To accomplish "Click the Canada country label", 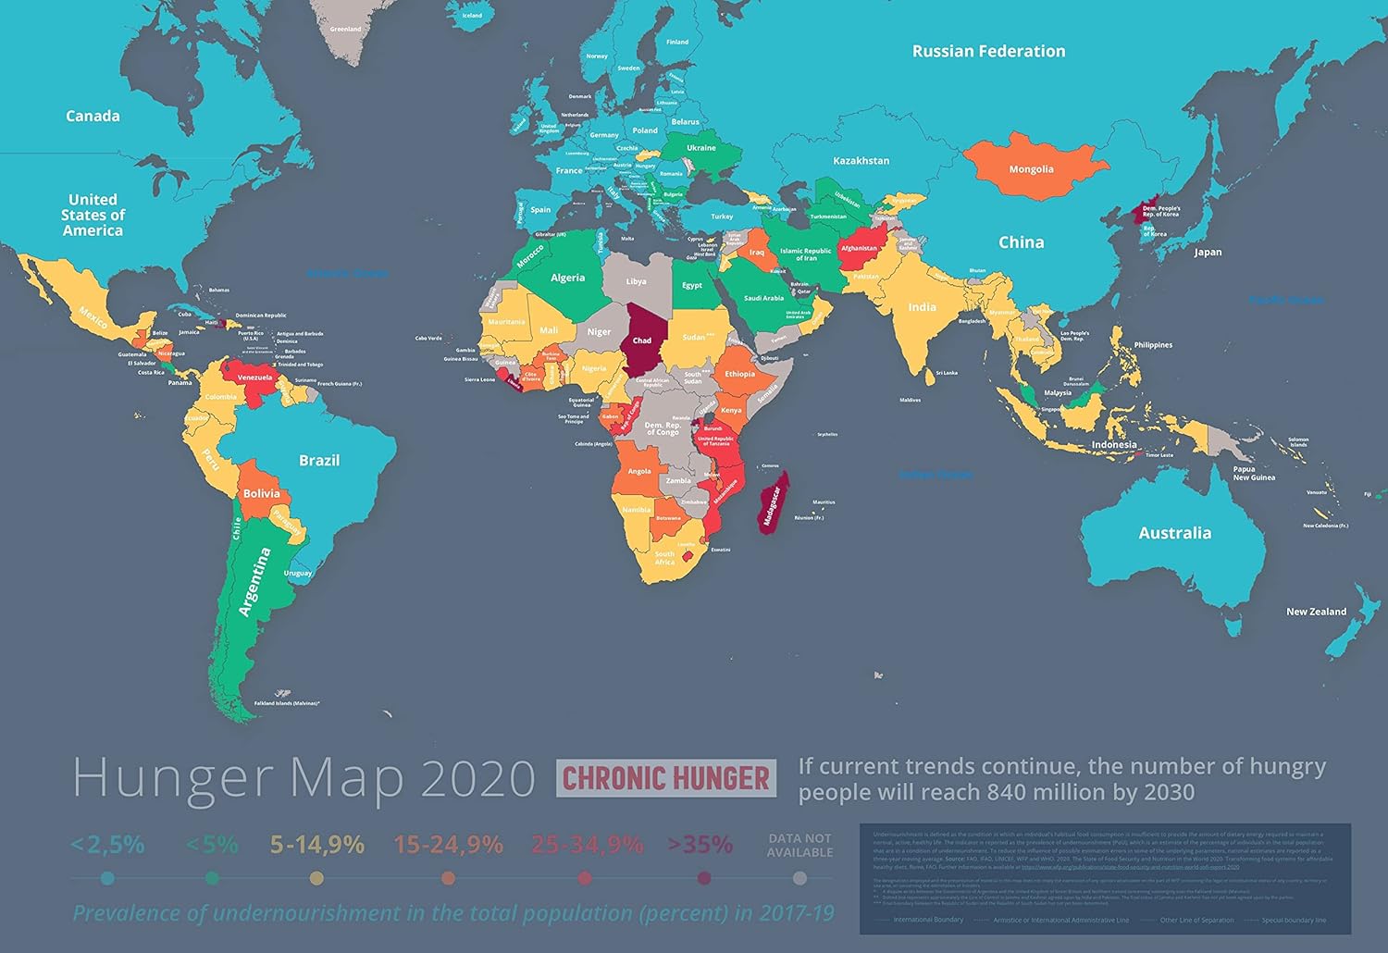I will point(93,116).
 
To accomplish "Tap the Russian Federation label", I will point(988,52).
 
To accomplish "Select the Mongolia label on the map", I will point(1031,169).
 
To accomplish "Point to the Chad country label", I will point(642,340).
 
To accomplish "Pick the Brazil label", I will point(319,460).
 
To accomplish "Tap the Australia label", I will point(1174,533).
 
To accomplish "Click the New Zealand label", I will point(1316,612).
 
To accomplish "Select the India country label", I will point(922,307).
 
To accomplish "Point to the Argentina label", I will point(255,581).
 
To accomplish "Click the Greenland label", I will point(345,30).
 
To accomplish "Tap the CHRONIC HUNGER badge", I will point(666,778).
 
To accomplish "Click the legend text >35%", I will point(700,845).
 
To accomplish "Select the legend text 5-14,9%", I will point(316,845).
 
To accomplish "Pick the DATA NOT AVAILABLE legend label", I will point(799,845).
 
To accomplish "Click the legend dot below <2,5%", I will point(108,878).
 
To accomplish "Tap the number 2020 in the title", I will point(477,778).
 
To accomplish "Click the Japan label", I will point(1208,252).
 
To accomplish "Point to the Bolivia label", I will point(261,493).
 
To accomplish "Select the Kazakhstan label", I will point(861,161).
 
